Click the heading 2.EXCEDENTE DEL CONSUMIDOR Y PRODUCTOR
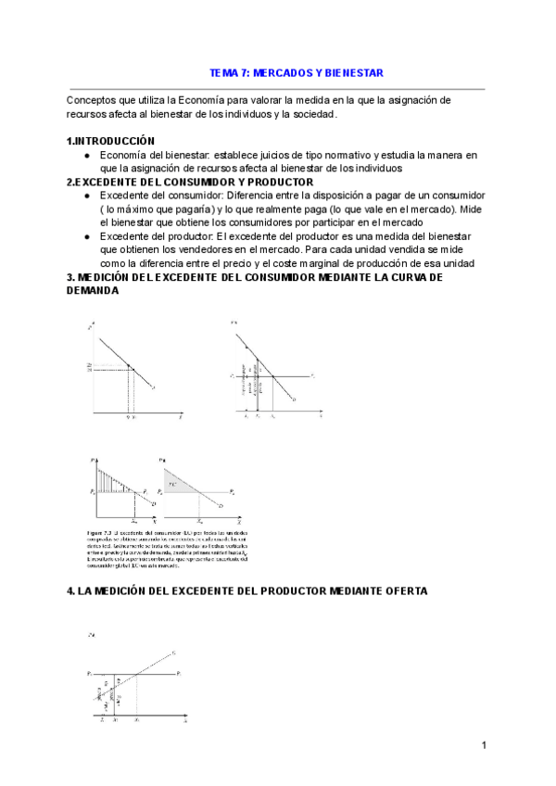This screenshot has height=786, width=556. (x=189, y=183)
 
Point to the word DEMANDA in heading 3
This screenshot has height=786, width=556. (x=93, y=290)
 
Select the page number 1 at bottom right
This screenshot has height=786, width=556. (x=484, y=745)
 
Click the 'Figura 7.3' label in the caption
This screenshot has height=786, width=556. (x=97, y=534)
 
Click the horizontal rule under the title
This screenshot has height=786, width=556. (x=276, y=89)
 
